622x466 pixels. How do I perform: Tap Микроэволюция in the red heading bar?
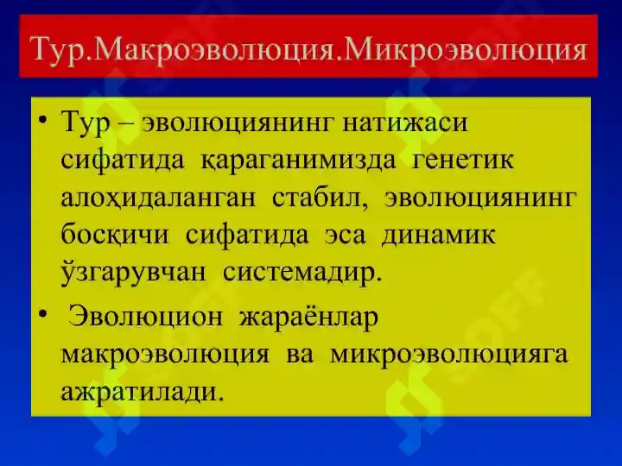(x=466, y=50)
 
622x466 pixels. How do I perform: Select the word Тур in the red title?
(x=58, y=51)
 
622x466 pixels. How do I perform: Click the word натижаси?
(x=404, y=123)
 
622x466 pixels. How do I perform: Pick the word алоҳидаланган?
(x=158, y=198)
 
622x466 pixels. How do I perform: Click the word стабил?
(x=320, y=198)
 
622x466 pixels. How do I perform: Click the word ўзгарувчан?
(x=134, y=273)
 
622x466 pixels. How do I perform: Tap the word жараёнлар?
(x=308, y=318)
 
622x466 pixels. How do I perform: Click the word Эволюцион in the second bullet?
(x=145, y=318)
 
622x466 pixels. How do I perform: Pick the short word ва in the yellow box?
(x=300, y=355)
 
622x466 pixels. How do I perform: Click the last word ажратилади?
(x=143, y=393)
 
